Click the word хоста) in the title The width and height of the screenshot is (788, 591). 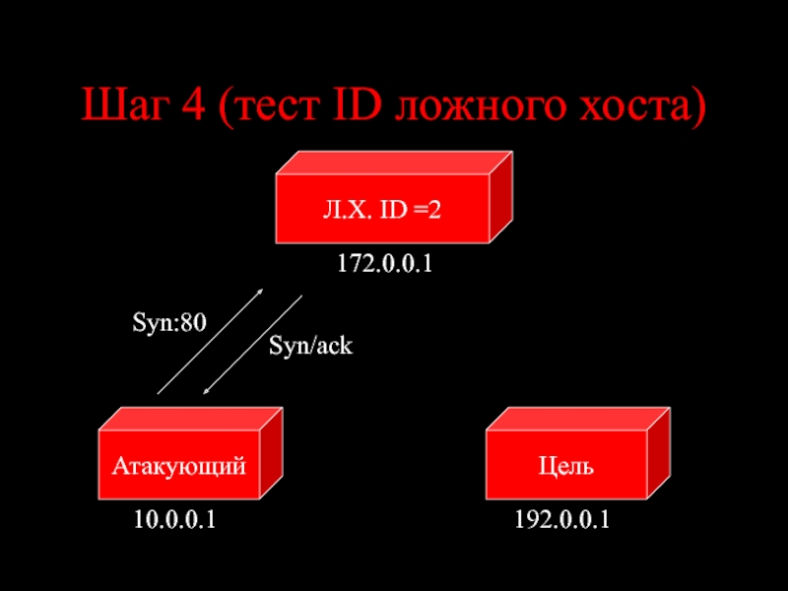pyautogui.click(x=635, y=105)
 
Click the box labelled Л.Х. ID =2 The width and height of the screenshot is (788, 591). pyautogui.click(x=384, y=208)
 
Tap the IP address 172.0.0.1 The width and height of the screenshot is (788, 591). pyautogui.click(x=385, y=264)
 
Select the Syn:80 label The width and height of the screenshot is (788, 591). pyautogui.click(x=168, y=322)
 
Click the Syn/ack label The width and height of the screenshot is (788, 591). pyautogui.click(x=310, y=346)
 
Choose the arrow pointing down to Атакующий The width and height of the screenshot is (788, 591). pyautogui.click(x=252, y=345)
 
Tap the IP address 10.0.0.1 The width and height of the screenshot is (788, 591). pyautogui.click(x=174, y=519)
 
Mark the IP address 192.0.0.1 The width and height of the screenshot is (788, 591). pyautogui.click(x=561, y=519)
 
